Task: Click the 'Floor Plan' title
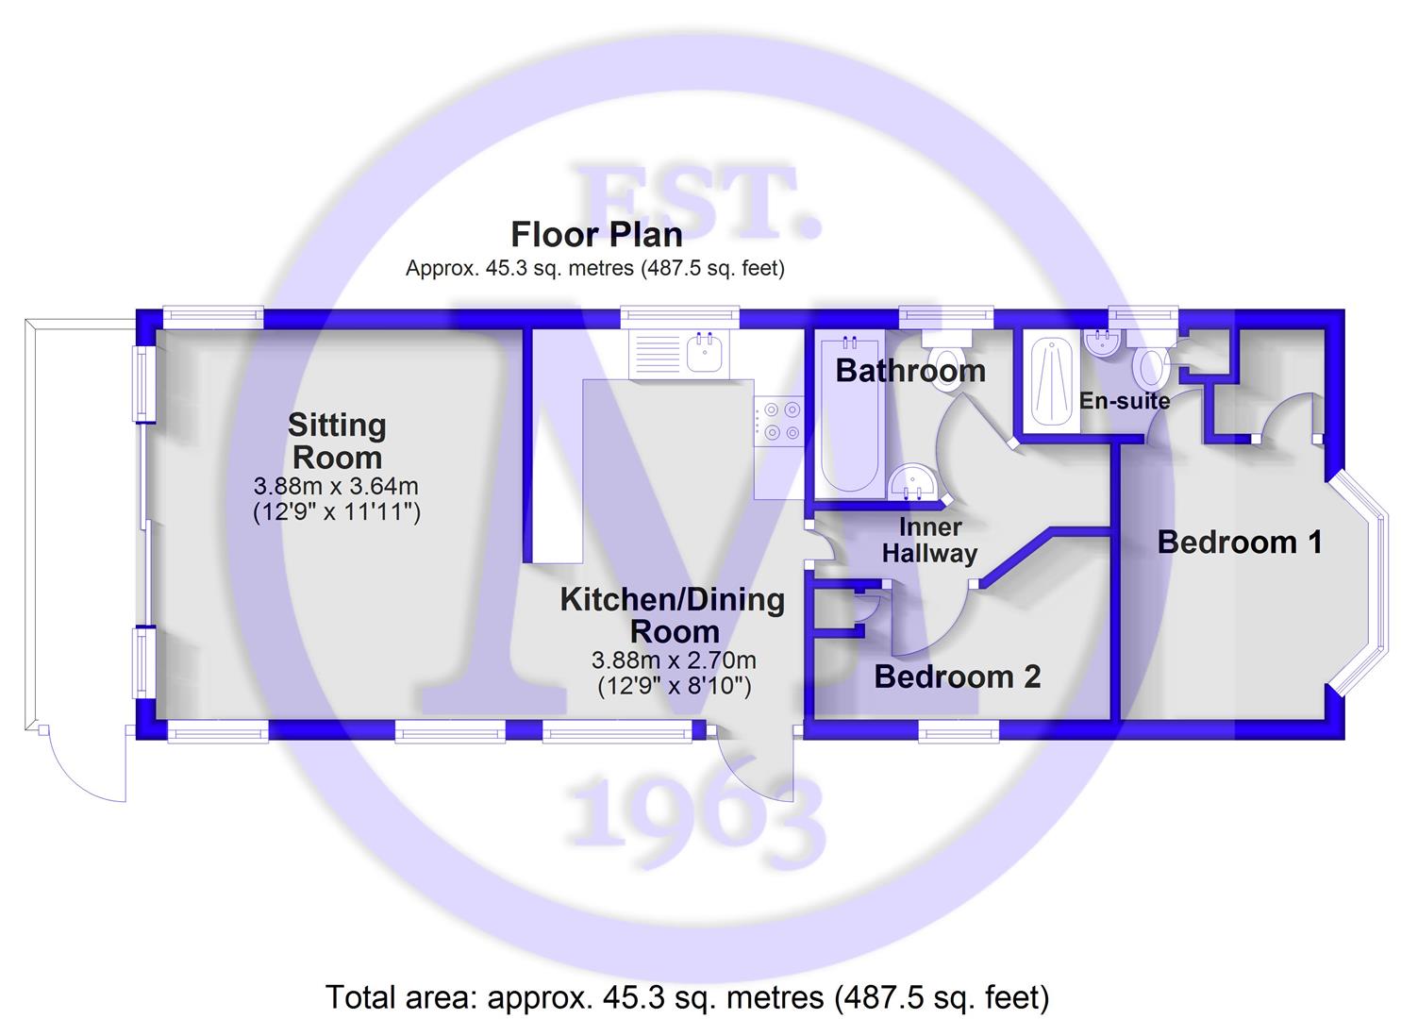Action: click(596, 235)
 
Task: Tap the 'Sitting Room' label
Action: click(337, 442)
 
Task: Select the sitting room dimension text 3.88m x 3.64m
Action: click(337, 486)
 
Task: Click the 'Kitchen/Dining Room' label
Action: click(673, 615)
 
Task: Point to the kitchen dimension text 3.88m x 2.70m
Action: click(675, 660)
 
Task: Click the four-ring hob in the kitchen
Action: click(779, 421)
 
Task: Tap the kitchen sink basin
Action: click(708, 353)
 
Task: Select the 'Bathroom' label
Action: click(910, 370)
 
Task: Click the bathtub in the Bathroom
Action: click(850, 415)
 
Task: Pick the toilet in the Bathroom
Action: click(947, 360)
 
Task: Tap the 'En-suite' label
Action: click(1125, 400)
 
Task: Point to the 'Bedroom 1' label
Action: click(1240, 542)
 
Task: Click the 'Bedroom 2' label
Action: click(958, 677)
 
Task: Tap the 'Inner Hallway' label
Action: click(930, 541)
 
